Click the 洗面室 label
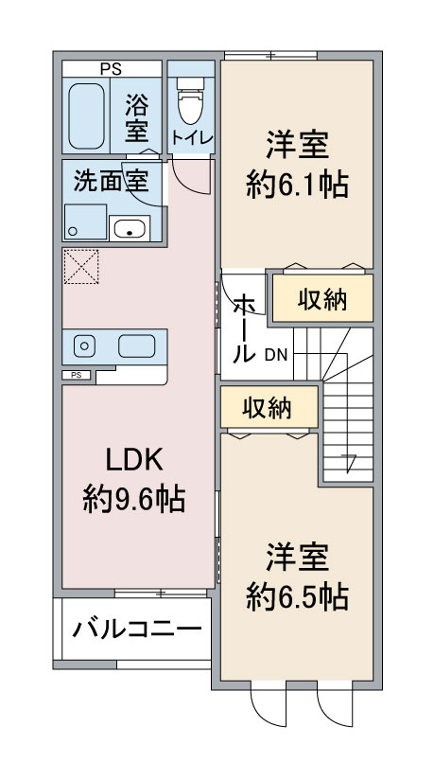(111, 182)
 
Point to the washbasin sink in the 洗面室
(129, 228)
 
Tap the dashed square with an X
(80, 266)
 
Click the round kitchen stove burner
(81, 346)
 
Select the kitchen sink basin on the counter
(137, 346)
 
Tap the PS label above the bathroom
(112, 69)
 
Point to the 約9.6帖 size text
(133, 498)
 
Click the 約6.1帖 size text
(298, 184)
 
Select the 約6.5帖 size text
(298, 596)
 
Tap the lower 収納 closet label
(268, 409)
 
